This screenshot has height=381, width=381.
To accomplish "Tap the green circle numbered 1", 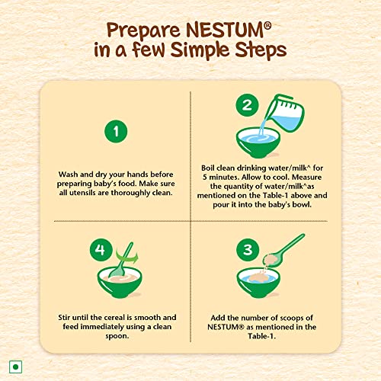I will (115, 132).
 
